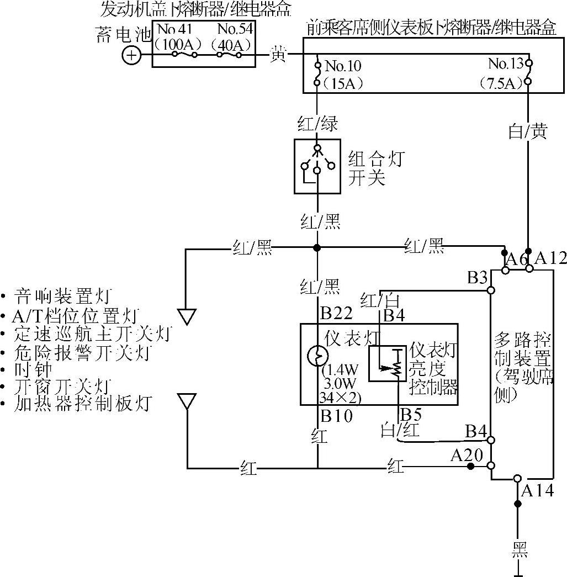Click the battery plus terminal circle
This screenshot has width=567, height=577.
[131, 56]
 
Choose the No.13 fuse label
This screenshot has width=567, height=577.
[505, 63]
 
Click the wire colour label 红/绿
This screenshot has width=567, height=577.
[317, 123]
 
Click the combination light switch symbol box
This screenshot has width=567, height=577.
[317, 166]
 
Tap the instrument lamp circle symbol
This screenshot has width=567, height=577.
[317, 356]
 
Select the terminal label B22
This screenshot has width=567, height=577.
[336, 314]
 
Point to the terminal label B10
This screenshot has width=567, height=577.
[336, 415]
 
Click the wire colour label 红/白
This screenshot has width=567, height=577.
[379, 300]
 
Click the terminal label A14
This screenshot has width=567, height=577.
[537, 489]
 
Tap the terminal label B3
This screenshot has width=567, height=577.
[477, 277]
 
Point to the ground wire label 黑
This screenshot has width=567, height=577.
[518, 549]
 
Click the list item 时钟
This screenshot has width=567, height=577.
[34, 369]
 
